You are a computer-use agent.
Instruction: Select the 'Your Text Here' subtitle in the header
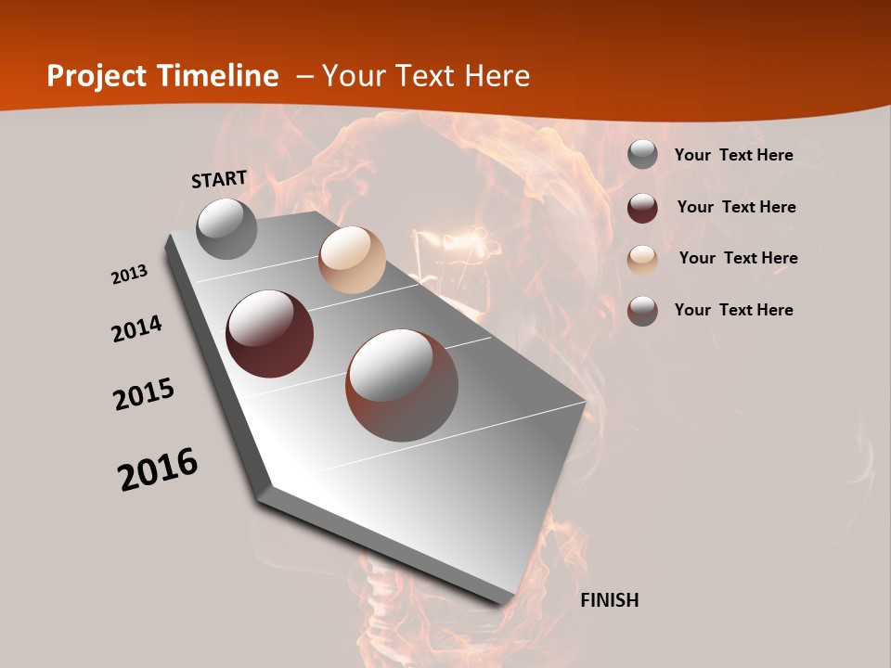(426, 76)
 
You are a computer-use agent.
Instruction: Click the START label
(219, 179)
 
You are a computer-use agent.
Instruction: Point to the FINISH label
(609, 600)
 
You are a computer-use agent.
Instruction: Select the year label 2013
(130, 275)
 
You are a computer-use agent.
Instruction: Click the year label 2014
(137, 328)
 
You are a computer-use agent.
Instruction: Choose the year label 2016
(158, 469)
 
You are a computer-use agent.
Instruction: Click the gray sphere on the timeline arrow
(227, 228)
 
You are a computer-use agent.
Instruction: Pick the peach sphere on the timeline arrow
(352, 260)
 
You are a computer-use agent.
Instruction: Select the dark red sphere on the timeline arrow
(270, 334)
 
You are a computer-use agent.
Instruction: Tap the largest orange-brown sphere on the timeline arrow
(402, 385)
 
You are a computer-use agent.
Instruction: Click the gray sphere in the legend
(642, 154)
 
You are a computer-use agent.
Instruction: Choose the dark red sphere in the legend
(642, 207)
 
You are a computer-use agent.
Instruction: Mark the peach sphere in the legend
(642, 259)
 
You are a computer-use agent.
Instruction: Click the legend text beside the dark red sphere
(736, 207)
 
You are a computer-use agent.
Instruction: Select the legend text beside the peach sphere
(738, 258)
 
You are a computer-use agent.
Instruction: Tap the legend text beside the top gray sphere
(733, 155)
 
